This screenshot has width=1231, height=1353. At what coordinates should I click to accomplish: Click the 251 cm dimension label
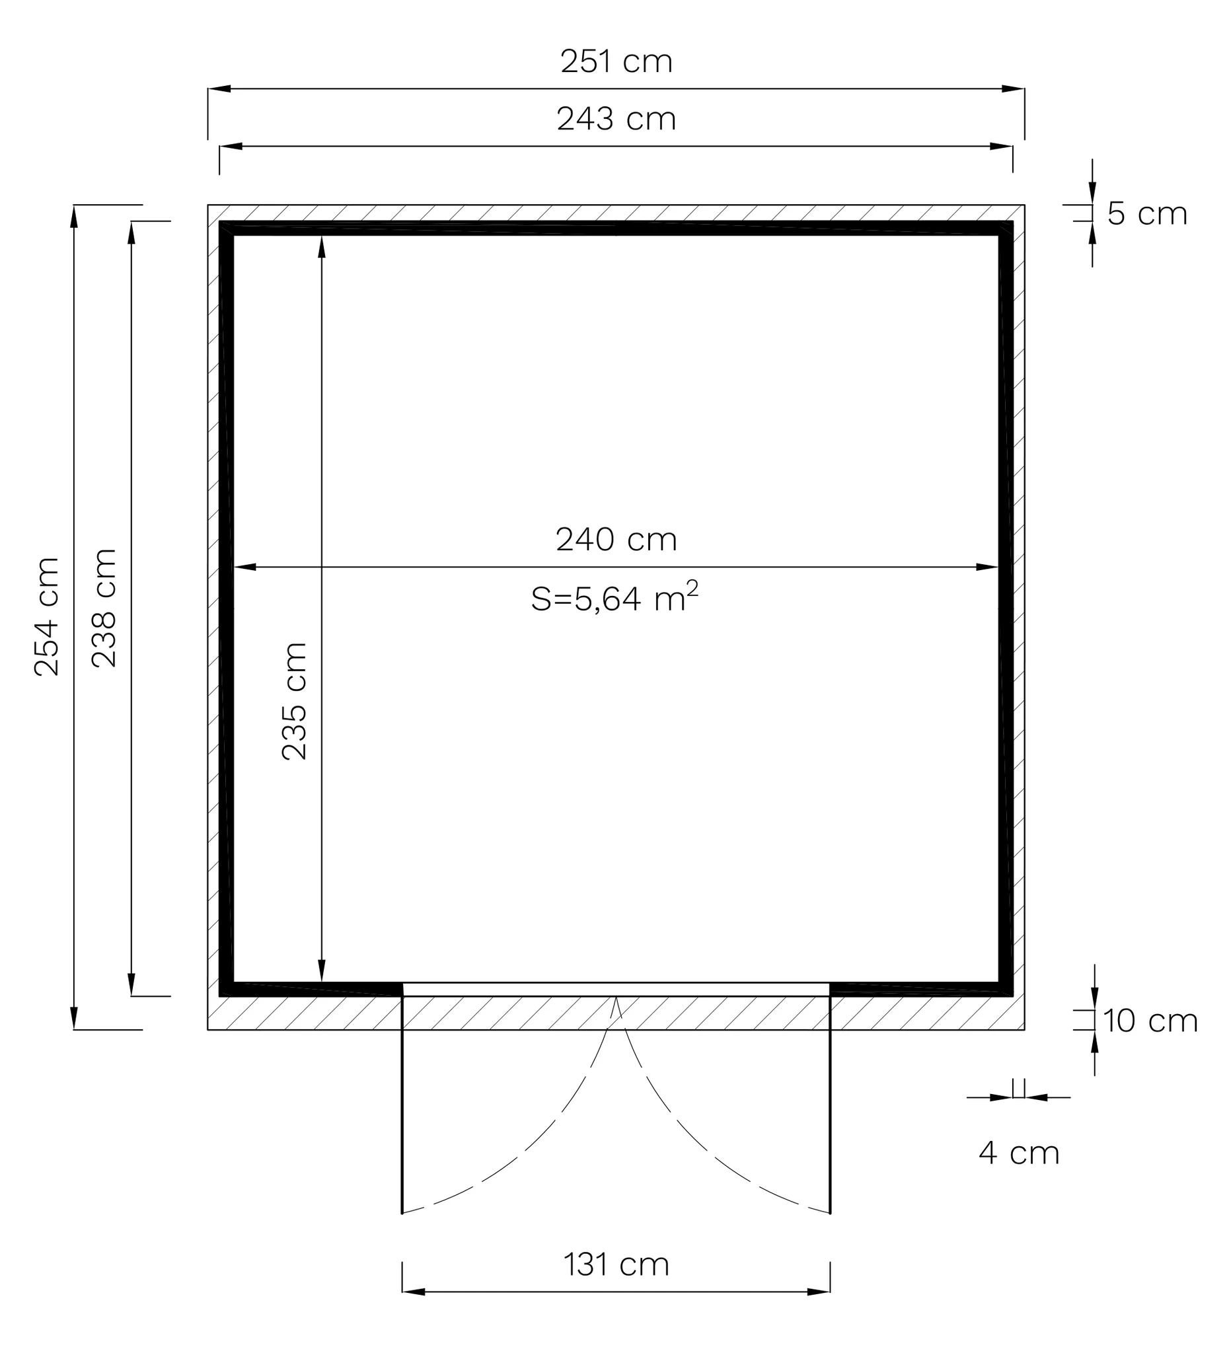pos(616,61)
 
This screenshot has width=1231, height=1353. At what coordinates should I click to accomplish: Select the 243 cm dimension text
pos(616,120)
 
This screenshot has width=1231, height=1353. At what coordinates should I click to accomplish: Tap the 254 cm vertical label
pos(47,616)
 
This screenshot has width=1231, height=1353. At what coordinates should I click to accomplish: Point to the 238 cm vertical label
pos(104,607)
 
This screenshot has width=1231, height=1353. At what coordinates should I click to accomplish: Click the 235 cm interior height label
pos(294,701)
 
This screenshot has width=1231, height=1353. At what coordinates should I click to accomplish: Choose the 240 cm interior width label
pos(616,540)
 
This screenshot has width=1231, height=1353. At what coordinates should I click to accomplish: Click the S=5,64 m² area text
pos(615,597)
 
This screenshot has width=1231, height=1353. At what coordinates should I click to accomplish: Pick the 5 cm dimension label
pos(1147,213)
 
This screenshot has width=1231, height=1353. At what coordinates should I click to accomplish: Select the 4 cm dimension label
pos(1019,1153)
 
